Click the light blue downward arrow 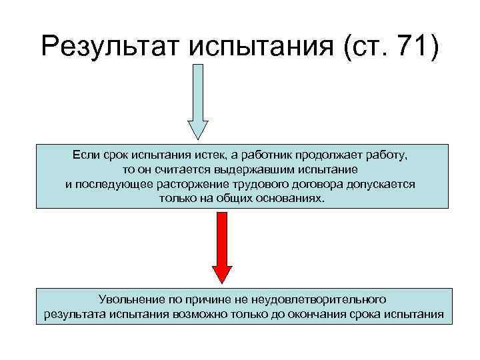click(197, 100)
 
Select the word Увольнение click(126, 300)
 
